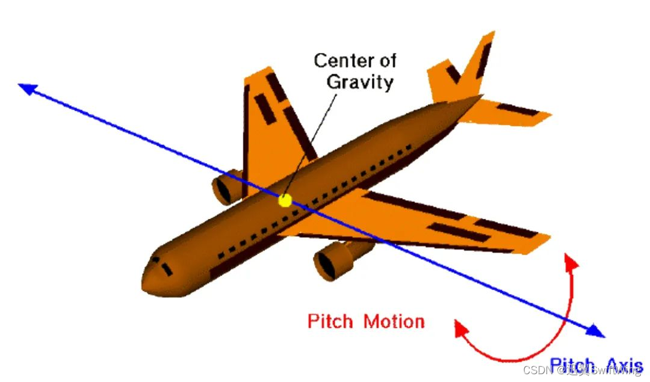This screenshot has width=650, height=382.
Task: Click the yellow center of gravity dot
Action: [x=285, y=200]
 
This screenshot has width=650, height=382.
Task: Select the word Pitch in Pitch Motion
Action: [x=329, y=321]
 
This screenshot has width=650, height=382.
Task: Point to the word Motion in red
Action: [x=394, y=321]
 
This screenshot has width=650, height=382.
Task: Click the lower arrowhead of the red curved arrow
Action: [x=461, y=328]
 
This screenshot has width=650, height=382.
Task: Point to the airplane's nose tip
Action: [x=145, y=283]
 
